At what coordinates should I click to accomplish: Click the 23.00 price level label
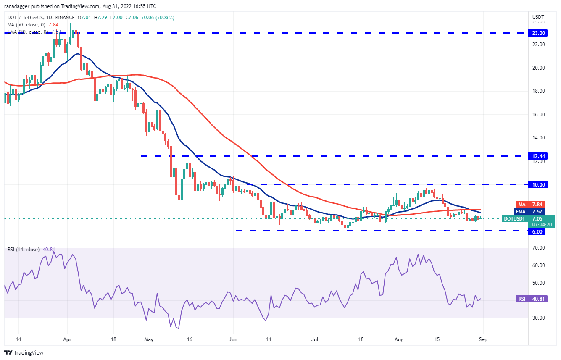(538, 33)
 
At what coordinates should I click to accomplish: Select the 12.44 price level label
(538, 156)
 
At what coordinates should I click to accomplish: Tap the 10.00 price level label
(538, 184)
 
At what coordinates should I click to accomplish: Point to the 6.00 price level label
(538, 231)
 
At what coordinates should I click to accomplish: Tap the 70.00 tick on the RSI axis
(538, 248)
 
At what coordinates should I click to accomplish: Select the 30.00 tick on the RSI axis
(538, 318)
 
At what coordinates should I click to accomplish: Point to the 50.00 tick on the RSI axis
(538, 283)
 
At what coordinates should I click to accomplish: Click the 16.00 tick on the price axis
(538, 114)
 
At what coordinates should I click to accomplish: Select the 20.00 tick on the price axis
(538, 68)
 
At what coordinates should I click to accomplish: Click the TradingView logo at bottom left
(24, 352)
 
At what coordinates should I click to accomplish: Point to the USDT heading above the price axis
(538, 17)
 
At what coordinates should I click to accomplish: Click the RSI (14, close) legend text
(23, 250)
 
